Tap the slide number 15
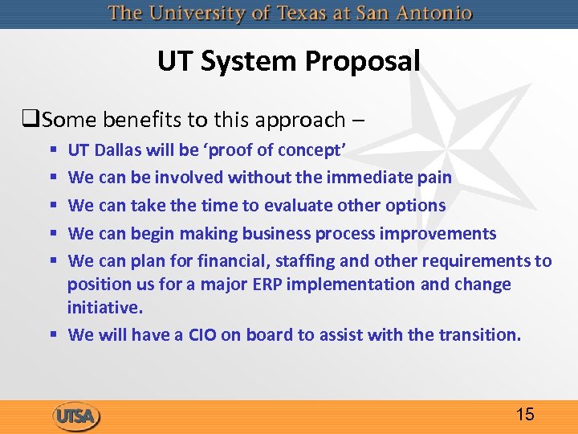525,415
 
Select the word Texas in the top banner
324,14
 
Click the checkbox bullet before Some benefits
33,121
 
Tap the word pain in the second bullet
433,177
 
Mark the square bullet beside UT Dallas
52,150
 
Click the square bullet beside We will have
52,335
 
